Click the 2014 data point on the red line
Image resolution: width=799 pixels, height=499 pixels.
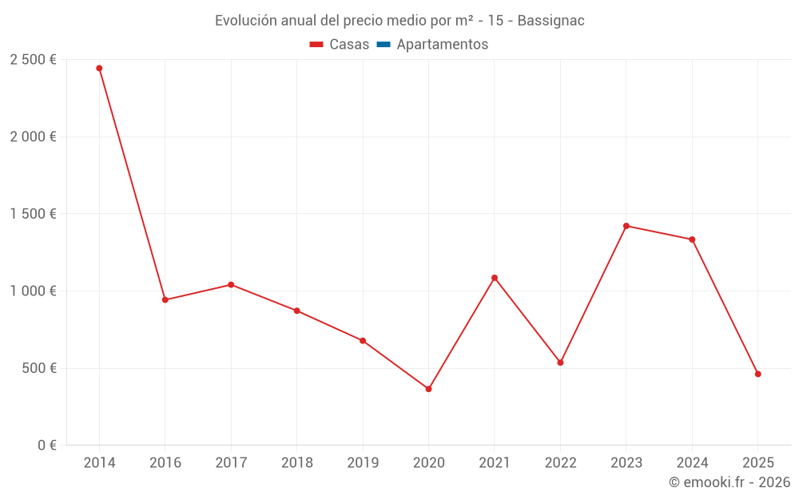99,69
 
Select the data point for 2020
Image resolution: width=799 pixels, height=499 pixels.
428,389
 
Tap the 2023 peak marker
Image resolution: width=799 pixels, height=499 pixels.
626,226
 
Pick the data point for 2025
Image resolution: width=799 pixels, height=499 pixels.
758,374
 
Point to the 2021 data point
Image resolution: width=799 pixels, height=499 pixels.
495,278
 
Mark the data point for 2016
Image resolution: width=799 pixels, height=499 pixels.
165,300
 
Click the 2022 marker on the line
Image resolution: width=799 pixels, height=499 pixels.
560,362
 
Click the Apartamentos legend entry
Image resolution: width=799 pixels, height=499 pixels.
442,45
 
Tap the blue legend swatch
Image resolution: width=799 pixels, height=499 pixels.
383,45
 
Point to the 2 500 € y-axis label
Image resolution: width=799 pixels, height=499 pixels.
33,60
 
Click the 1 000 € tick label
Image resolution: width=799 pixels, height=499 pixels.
33,291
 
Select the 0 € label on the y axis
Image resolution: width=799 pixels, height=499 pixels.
46,446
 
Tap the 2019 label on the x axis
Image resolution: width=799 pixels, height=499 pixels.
363,463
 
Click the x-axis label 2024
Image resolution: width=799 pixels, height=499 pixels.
692,463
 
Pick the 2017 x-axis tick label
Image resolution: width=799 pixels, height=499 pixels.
231,463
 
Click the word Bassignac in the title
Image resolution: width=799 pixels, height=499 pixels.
551,21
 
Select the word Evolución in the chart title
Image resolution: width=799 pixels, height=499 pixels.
244,21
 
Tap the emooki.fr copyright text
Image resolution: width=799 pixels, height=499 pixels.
729,482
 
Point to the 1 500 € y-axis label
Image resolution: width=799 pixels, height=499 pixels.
33,214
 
